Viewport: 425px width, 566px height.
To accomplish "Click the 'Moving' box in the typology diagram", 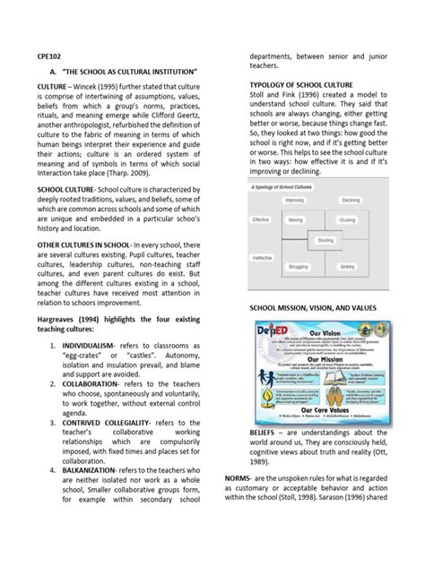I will [296, 219].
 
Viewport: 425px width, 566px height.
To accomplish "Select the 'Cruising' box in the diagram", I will [350, 219].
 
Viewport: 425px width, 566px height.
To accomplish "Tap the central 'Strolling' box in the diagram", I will [325, 240].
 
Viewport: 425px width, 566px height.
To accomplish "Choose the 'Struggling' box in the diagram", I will [297, 266].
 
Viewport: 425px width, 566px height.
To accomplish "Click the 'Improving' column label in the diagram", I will [293, 200].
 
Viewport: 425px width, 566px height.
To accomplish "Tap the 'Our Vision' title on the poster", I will [325, 328].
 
